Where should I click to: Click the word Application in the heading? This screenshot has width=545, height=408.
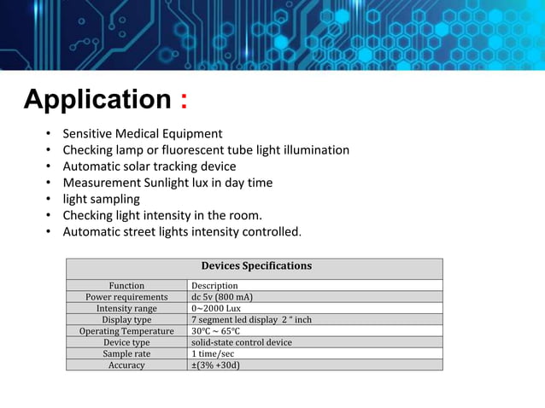tap(97, 100)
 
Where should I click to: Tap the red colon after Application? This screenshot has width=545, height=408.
tap(184, 101)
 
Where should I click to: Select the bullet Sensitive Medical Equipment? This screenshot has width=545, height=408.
tap(143, 134)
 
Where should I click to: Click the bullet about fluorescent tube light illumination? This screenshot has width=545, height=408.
tap(206, 150)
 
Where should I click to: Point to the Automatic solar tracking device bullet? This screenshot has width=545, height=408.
tap(149, 166)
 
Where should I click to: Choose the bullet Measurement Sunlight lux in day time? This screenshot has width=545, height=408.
tap(167, 183)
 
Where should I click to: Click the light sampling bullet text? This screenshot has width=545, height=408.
tap(101, 199)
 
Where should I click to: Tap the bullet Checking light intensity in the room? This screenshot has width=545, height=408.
tap(162, 215)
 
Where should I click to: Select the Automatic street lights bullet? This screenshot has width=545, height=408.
tap(182, 231)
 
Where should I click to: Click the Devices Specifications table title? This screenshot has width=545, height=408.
tap(255, 266)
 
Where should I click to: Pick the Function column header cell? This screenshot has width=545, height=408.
tap(126, 286)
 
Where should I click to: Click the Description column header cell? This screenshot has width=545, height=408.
tap(214, 286)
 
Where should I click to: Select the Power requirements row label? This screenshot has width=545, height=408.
tap(126, 297)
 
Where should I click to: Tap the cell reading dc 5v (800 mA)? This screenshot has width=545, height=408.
tap(221, 297)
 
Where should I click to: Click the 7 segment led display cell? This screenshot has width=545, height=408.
tap(251, 320)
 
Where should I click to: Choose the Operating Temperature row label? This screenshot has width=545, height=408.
tap(126, 331)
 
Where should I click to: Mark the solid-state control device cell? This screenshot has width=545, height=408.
tap(242, 342)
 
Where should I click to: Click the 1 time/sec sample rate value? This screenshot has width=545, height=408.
tap(213, 353)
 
